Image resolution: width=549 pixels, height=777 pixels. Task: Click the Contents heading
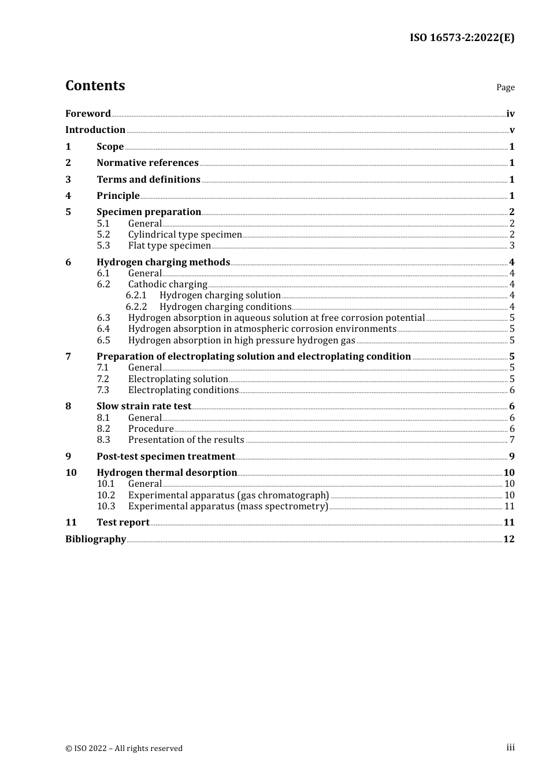point(95,86)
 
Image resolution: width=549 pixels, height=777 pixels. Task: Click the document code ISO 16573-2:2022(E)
point(462,38)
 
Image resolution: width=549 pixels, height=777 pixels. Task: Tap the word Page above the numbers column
point(505,87)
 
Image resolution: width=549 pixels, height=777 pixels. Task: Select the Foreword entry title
point(88,113)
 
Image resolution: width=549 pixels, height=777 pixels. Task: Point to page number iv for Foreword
point(510,113)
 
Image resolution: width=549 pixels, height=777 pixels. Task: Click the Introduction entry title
point(95,129)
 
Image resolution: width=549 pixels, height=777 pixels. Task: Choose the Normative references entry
point(147,162)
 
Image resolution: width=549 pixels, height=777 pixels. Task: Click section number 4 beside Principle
point(68,195)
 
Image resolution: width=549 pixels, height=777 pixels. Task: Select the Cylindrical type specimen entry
point(185,234)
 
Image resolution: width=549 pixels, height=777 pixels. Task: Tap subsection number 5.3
point(103,245)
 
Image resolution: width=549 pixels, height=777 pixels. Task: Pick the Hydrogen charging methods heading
point(163,262)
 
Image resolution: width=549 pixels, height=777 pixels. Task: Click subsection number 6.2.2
point(136,306)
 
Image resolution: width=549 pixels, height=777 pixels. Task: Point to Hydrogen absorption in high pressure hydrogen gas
point(242,340)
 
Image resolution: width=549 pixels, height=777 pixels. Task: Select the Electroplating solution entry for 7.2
point(178,379)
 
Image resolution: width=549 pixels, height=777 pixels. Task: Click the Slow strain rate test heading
point(143,406)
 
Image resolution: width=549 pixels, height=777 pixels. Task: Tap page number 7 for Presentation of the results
point(512,439)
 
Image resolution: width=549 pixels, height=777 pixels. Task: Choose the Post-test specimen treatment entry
point(166,456)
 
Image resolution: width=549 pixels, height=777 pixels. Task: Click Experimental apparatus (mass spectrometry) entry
point(228,506)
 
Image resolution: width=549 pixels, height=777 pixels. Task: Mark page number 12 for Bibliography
point(509,539)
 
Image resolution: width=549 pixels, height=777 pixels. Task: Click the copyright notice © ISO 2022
point(124,748)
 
